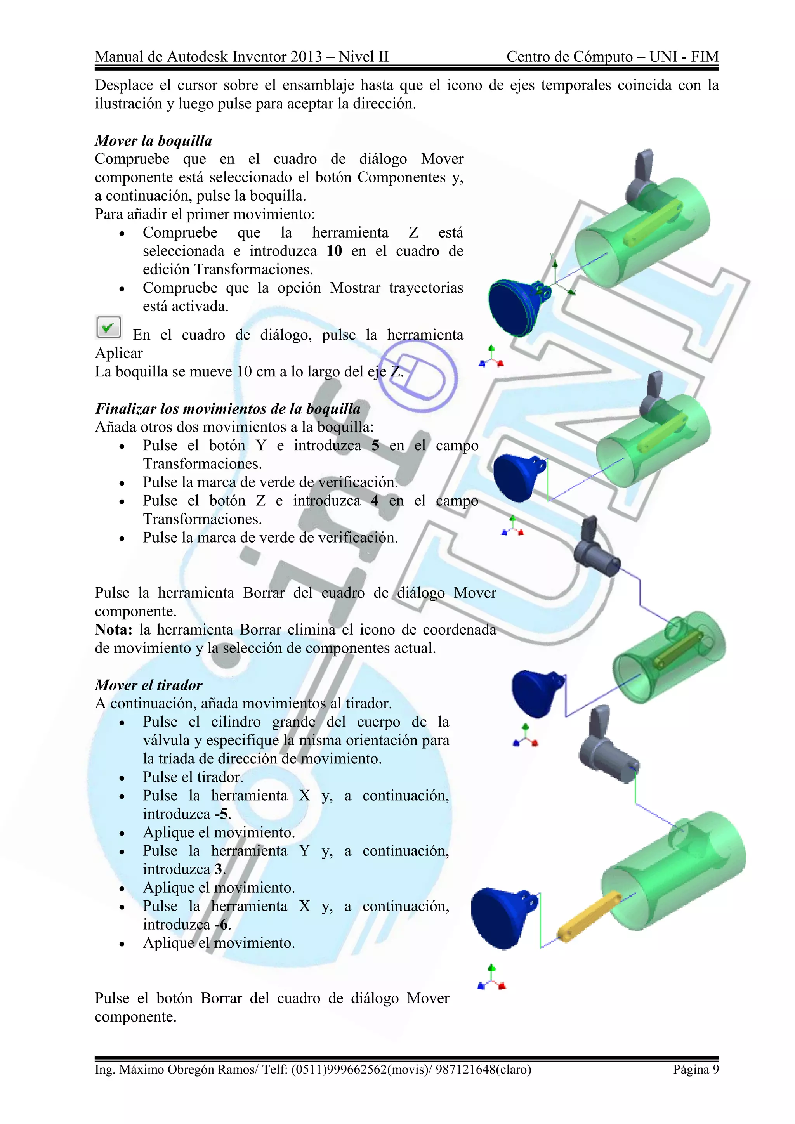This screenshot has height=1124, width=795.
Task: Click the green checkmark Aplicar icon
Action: click(x=108, y=327)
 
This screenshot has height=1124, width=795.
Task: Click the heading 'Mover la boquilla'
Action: click(x=153, y=141)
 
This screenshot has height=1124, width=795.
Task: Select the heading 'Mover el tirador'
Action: click(x=148, y=685)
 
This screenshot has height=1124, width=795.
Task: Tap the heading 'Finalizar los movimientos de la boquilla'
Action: click(x=227, y=408)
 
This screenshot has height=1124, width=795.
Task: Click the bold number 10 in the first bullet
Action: click(x=334, y=251)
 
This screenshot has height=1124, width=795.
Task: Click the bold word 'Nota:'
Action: click(x=114, y=630)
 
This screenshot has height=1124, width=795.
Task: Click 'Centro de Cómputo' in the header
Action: click(x=569, y=57)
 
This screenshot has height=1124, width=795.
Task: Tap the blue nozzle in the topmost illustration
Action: click(x=514, y=307)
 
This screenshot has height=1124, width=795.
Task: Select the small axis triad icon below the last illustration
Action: click(x=491, y=980)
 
